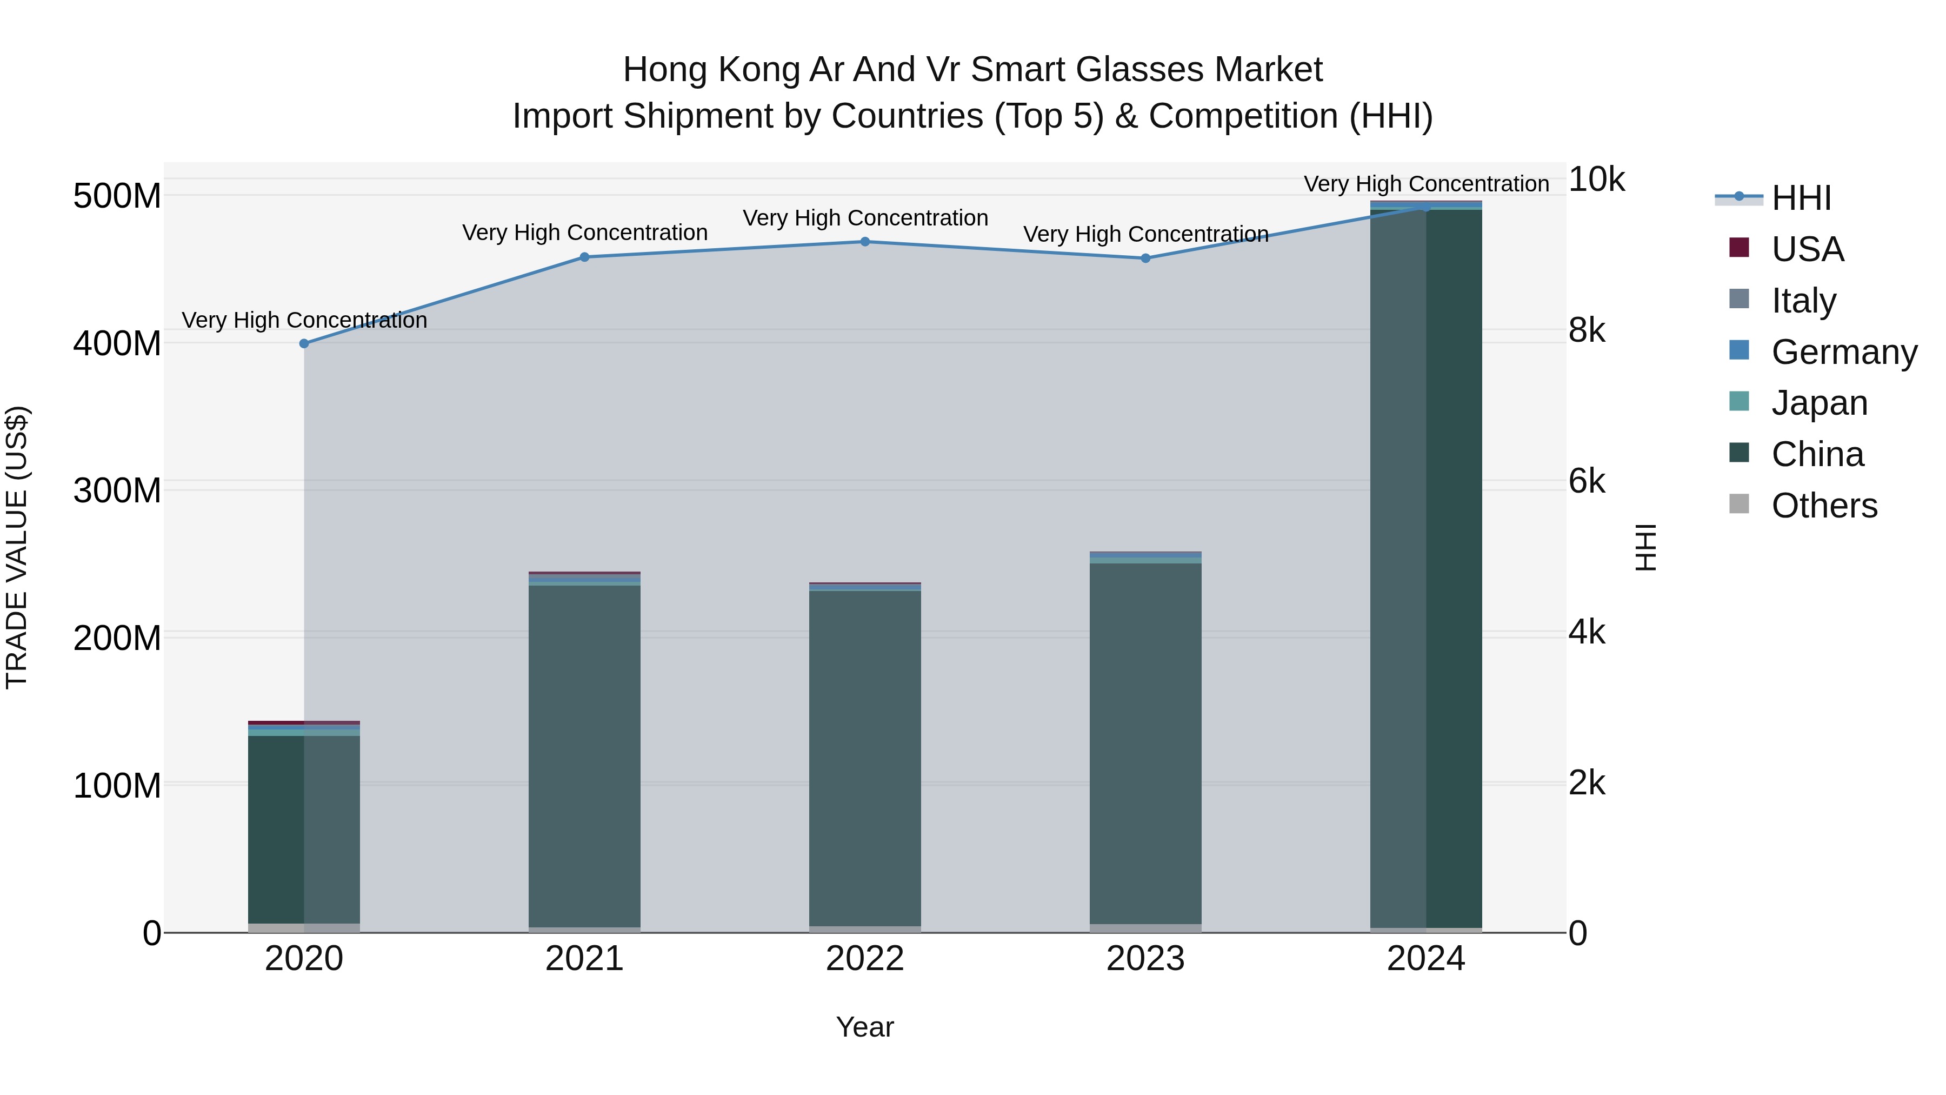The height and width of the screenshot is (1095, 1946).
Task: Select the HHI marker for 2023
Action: [x=1145, y=258]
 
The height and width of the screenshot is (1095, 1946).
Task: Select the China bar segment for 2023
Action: [x=1145, y=745]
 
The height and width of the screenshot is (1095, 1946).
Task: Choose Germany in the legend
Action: [x=1843, y=352]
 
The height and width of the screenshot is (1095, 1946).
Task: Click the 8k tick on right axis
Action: [x=1587, y=330]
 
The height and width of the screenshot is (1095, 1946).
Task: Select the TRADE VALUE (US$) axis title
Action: [x=17, y=547]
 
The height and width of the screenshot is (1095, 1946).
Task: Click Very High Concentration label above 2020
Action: [x=304, y=321]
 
